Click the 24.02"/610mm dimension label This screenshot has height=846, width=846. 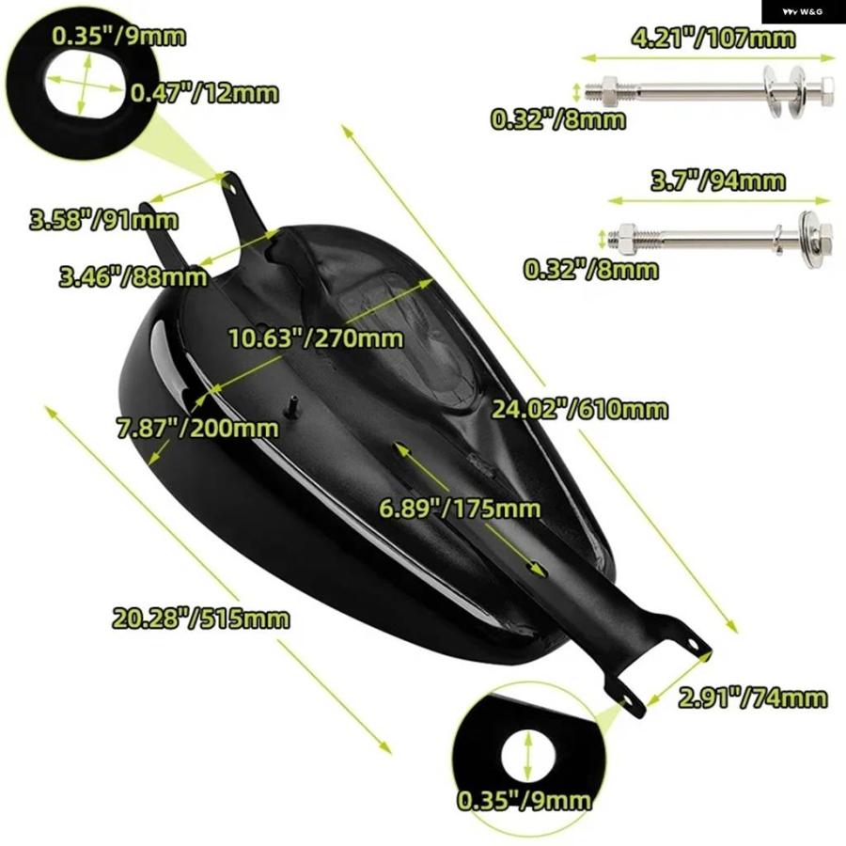click(x=579, y=410)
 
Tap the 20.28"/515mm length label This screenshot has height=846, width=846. click(x=201, y=619)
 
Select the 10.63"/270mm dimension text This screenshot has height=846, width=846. click(x=316, y=338)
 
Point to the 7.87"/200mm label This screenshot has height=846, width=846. click(x=198, y=429)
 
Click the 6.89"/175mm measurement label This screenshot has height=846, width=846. click(x=460, y=509)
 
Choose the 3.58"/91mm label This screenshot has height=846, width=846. click(x=103, y=220)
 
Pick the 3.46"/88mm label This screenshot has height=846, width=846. click(x=133, y=277)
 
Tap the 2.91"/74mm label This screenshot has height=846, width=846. click(x=753, y=698)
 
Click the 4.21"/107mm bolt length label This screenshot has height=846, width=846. click(x=713, y=39)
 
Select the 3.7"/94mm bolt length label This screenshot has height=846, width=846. click(x=718, y=180)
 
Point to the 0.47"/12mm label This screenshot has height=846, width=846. click(x=205, y=93)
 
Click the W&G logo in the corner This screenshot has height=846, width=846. click(x=804, y=11)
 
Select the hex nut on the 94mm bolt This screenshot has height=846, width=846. click(x=626, y=238)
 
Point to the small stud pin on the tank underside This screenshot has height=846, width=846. click(x=292, y=405)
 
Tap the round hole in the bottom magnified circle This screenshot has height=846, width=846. click(x=528, y=756)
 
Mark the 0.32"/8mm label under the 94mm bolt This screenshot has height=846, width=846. click(x=591, y=270)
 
